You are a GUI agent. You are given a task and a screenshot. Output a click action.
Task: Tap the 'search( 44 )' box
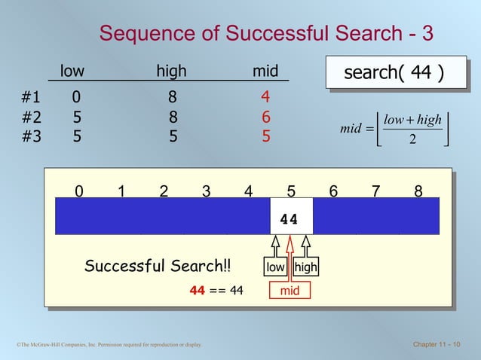coord(393,73)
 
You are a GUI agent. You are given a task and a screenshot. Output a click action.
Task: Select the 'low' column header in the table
coord(72,72)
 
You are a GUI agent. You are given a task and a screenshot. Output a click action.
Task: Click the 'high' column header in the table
coord(172,72)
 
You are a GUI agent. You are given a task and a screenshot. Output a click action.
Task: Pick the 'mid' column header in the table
coord(265,72)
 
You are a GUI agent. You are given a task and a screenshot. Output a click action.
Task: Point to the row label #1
coord(31,97)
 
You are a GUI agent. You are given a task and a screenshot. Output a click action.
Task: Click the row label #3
coord(31,137)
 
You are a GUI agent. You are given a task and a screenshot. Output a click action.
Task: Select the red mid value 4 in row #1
coord(265,97)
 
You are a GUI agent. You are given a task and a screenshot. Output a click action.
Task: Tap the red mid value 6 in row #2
coord(265,117)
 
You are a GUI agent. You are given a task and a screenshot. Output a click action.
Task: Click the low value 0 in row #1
coord(77,97)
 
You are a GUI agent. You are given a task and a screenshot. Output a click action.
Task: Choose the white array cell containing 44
coord(290,218)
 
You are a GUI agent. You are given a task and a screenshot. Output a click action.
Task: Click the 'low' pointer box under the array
coord(275,267)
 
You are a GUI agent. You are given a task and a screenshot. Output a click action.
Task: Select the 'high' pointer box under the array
coord(305,267)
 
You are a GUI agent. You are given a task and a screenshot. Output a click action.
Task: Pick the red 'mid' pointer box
coord(290,287)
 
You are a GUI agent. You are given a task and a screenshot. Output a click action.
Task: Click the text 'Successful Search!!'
coord(158,267)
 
